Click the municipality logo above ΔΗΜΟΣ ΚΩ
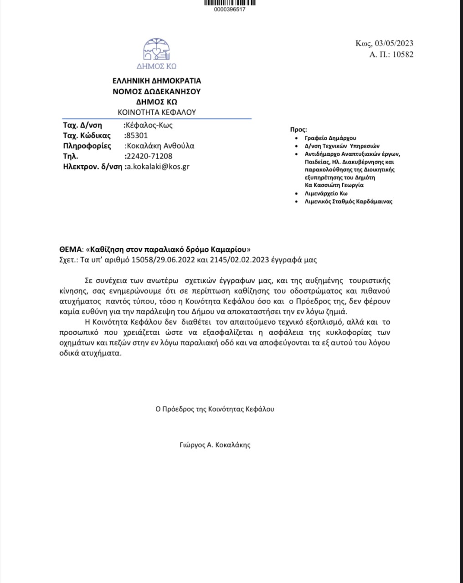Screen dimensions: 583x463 (157, 49)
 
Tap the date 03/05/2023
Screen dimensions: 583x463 (394, 43)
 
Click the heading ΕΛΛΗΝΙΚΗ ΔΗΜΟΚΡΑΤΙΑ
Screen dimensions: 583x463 (157, 81)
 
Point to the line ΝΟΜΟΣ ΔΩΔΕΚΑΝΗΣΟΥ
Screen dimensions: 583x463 (157, 91)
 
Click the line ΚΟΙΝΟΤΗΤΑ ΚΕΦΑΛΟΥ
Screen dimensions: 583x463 (157, 112)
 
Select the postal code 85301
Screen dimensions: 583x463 (136, 135)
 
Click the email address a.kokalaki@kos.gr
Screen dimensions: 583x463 (158, 167)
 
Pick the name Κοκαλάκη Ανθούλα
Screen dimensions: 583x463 (160, 146)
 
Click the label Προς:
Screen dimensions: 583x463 (298, 130)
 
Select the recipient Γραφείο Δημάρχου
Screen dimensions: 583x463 (330, 138)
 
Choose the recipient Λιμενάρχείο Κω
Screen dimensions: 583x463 (326, 193)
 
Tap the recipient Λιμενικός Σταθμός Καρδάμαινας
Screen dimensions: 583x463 (348, 201)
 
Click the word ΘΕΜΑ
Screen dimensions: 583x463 (71, 250)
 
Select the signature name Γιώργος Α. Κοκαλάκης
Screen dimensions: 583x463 (215, 445)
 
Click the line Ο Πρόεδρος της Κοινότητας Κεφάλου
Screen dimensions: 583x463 (215, 409)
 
